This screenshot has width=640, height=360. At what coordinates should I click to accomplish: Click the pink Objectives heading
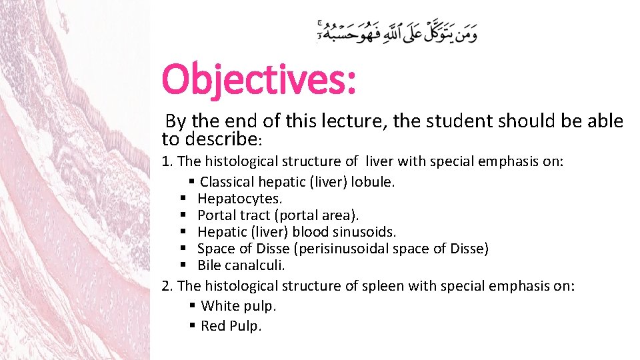pyautogui.click(x=259, y=79)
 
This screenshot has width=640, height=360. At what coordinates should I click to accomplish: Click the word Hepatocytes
pyautogui.click(x=239, y=199)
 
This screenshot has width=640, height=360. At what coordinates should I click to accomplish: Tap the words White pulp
pyautogui.click(x=238, y=306)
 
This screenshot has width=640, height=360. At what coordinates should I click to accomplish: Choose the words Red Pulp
pyautogui.click(x=231, y=326)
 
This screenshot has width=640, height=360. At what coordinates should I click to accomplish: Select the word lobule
pyautogui.click(x=375, y=181)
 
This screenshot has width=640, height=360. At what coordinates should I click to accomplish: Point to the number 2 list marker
pyautogui.click(x=167, y=286)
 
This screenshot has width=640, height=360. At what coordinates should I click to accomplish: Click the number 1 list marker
pyautogui.click(x=167, y=161)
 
